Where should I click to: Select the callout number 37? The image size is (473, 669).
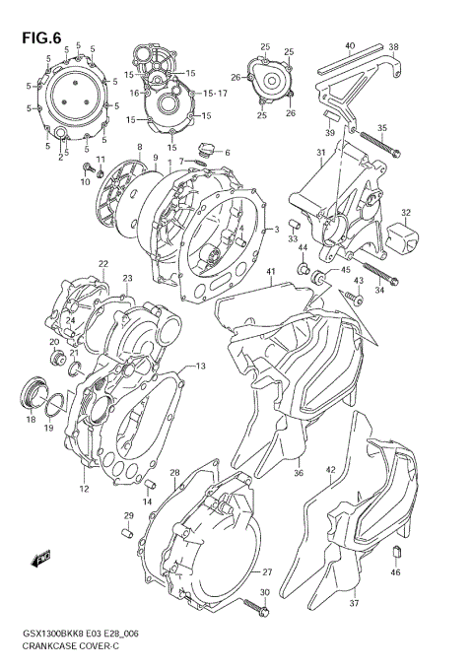click(x=354, y=604)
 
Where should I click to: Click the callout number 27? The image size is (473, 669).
click(x=265, y=571)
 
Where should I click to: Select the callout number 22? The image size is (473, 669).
click(x=102, y=264)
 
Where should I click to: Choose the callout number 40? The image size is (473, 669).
click(x=349, y=46)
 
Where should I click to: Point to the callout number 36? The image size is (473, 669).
click(x=298, y=471)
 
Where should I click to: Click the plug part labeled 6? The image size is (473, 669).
click(x=206, y=151)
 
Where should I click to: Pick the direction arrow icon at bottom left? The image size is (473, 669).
click(x=43, y=560)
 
